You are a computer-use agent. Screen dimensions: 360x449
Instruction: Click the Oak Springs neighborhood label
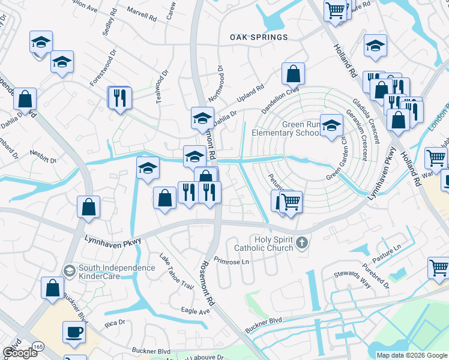pos(259,37)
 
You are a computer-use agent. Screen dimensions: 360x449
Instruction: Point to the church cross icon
pos(302,242)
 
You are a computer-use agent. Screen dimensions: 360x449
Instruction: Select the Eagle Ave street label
pos(196,311)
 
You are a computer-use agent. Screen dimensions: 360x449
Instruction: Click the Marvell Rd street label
pos(142,14)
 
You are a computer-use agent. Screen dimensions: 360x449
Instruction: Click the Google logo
pos(20,353)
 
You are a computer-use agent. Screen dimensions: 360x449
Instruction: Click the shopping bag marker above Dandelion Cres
pos(293,74)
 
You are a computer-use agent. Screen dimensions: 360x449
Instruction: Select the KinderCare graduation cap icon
pos(70,272)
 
